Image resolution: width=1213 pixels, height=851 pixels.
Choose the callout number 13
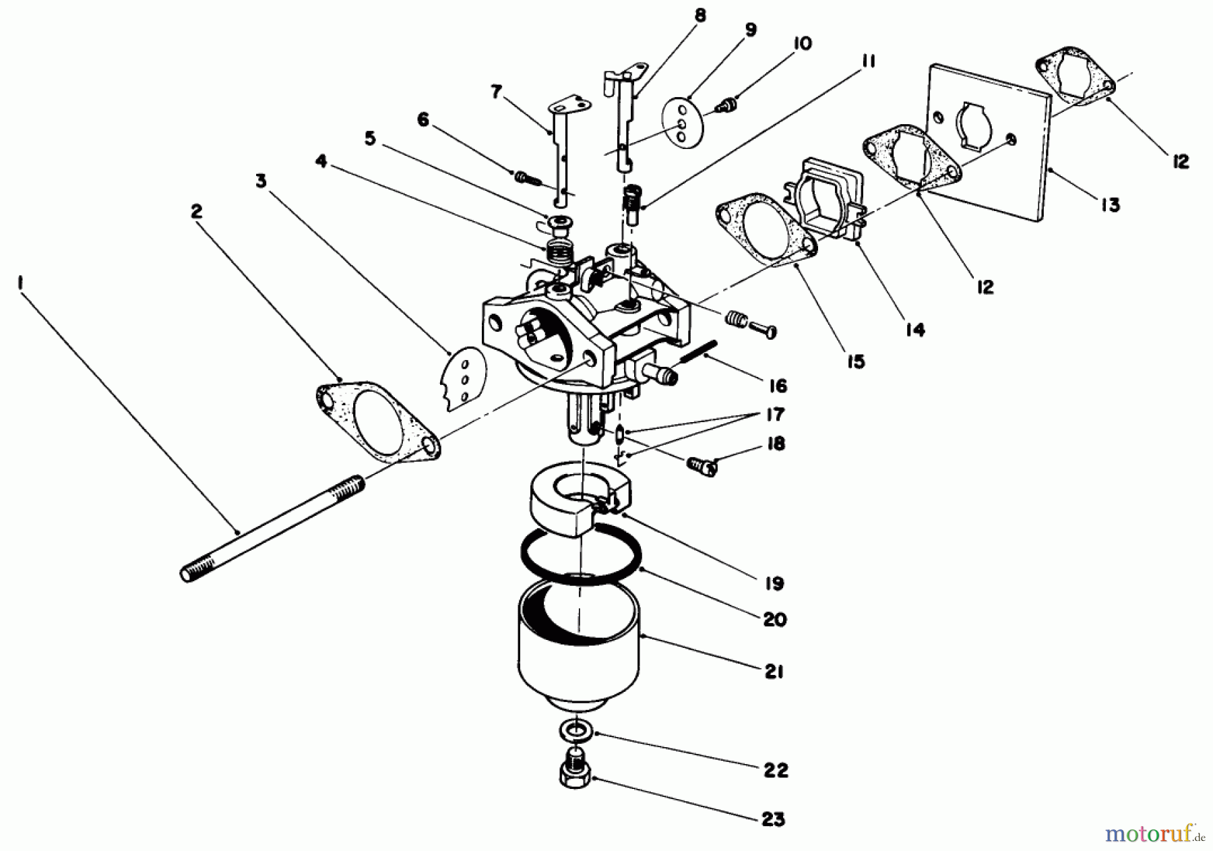point(1110,204)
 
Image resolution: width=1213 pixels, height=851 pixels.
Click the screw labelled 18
point(702,464)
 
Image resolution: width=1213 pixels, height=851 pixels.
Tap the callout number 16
point(777,386)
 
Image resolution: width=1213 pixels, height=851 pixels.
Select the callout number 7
point(497,92)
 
